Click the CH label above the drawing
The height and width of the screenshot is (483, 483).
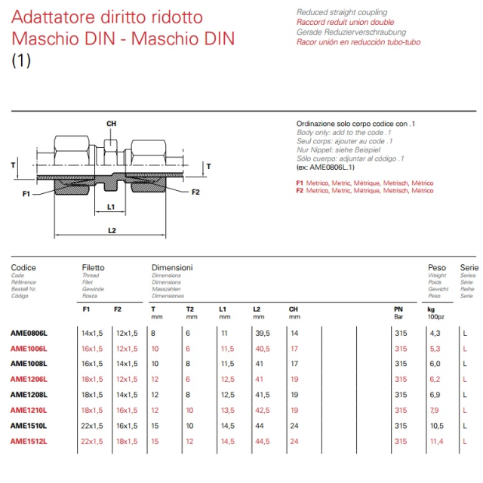coord(111,123)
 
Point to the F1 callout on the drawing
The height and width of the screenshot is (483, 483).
coord(26,194)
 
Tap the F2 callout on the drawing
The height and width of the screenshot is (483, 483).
coord(195,192)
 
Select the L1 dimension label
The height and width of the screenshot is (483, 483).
coord(111,206)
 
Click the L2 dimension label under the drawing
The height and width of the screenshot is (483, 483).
coord(111,229)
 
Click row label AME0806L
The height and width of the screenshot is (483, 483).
coord(29,332)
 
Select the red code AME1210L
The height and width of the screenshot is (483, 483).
coord(29,410)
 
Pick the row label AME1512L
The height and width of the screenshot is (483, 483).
coord(29,441)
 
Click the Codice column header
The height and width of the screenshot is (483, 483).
coord(23,267)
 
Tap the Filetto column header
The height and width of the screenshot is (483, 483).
coord(93,267)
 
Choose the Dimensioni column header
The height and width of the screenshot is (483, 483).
coord(172,267)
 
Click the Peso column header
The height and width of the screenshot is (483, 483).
coord(437,267)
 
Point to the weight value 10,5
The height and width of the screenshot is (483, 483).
coord(436,426)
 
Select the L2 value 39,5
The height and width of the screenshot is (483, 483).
coord(262,332)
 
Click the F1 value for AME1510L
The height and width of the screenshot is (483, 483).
coord(91,426)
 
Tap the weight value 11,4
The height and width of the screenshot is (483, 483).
coord(436,441)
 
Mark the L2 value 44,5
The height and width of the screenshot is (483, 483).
coord(262,441)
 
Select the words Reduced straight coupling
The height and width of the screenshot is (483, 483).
coord(342,13)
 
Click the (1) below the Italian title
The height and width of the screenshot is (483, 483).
coord(21,61)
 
